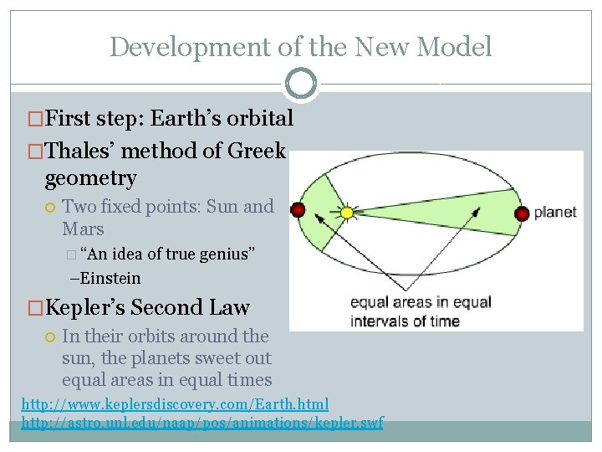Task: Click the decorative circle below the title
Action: click(300, 83)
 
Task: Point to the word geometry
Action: click(90, 177)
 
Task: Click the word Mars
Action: click(83, 229)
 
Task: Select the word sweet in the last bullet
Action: click(199, 358)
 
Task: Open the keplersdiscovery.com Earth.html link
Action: click(175, 405)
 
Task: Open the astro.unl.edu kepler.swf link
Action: click(202, 423)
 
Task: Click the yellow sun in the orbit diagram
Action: click(346, 213)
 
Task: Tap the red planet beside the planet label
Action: click(523, 213)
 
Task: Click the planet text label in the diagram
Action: click(555, 213)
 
